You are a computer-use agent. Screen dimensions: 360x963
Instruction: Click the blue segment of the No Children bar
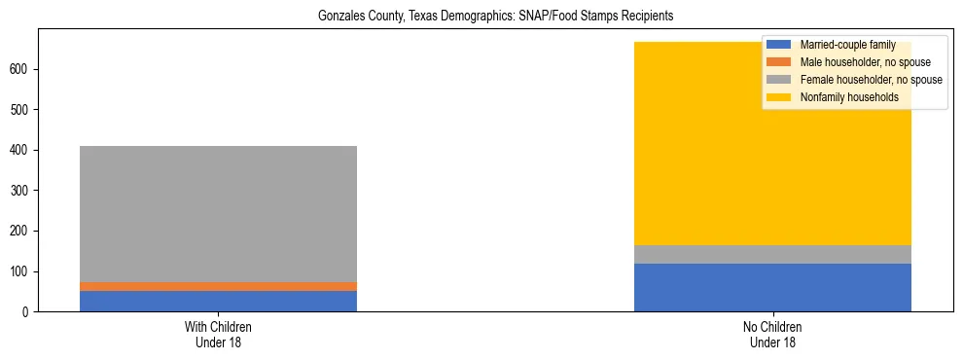[x=772, y=287]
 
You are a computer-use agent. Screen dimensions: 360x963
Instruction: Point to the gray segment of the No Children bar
[x=772, y=254]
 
